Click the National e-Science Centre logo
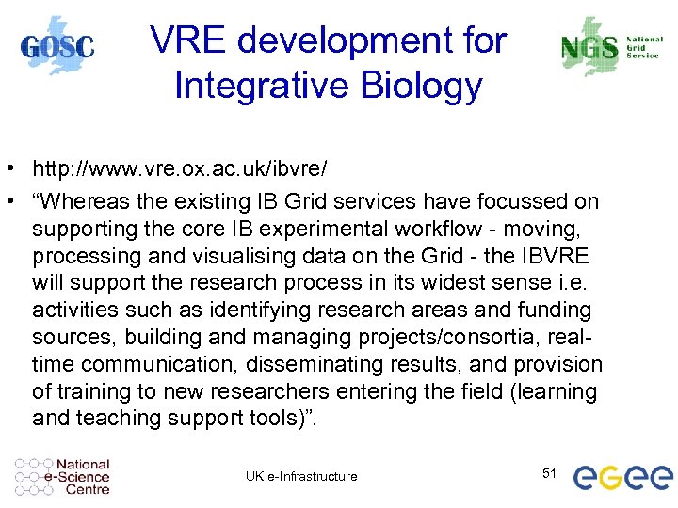63,477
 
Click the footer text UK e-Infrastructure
301,476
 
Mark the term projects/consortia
438,337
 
